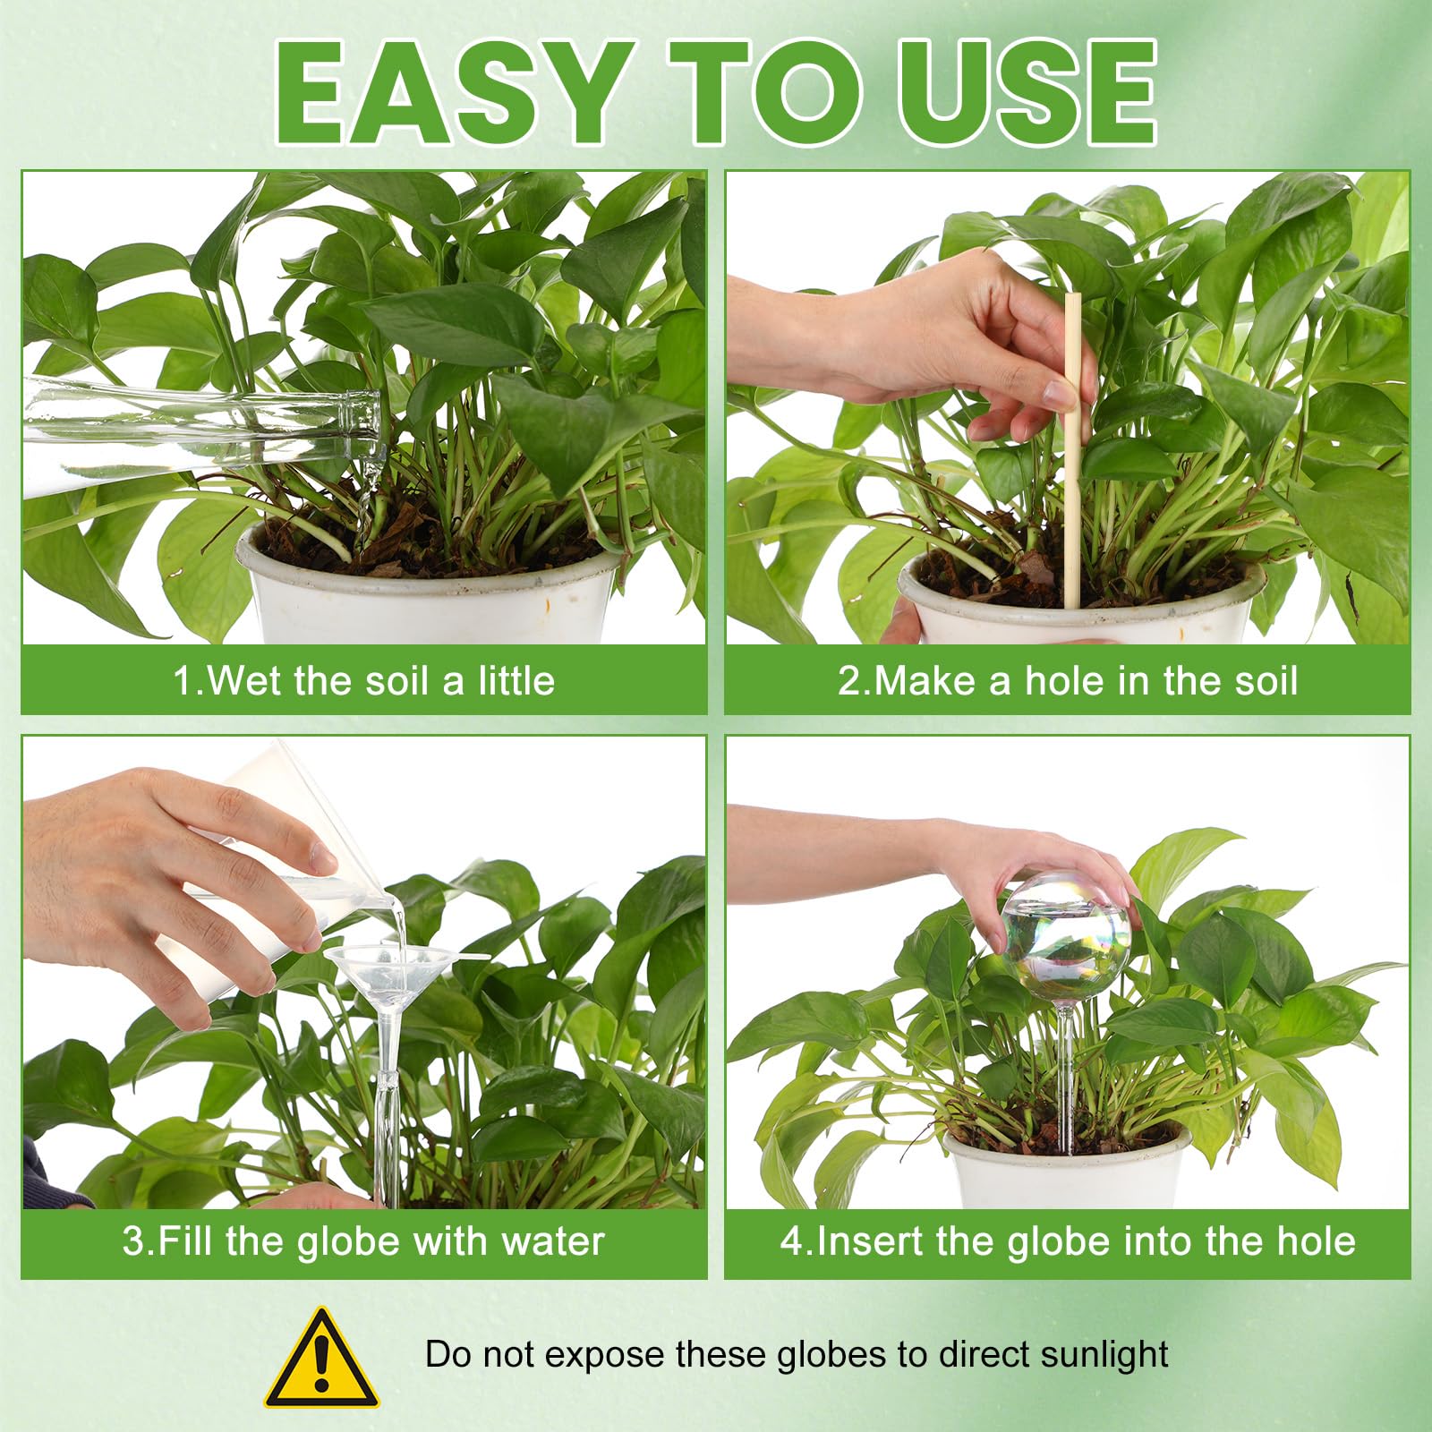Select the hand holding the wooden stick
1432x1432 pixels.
[x=922, y=349]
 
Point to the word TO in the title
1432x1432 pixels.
[x=769, y=93]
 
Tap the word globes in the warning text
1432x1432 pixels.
[x=837, y=1355]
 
